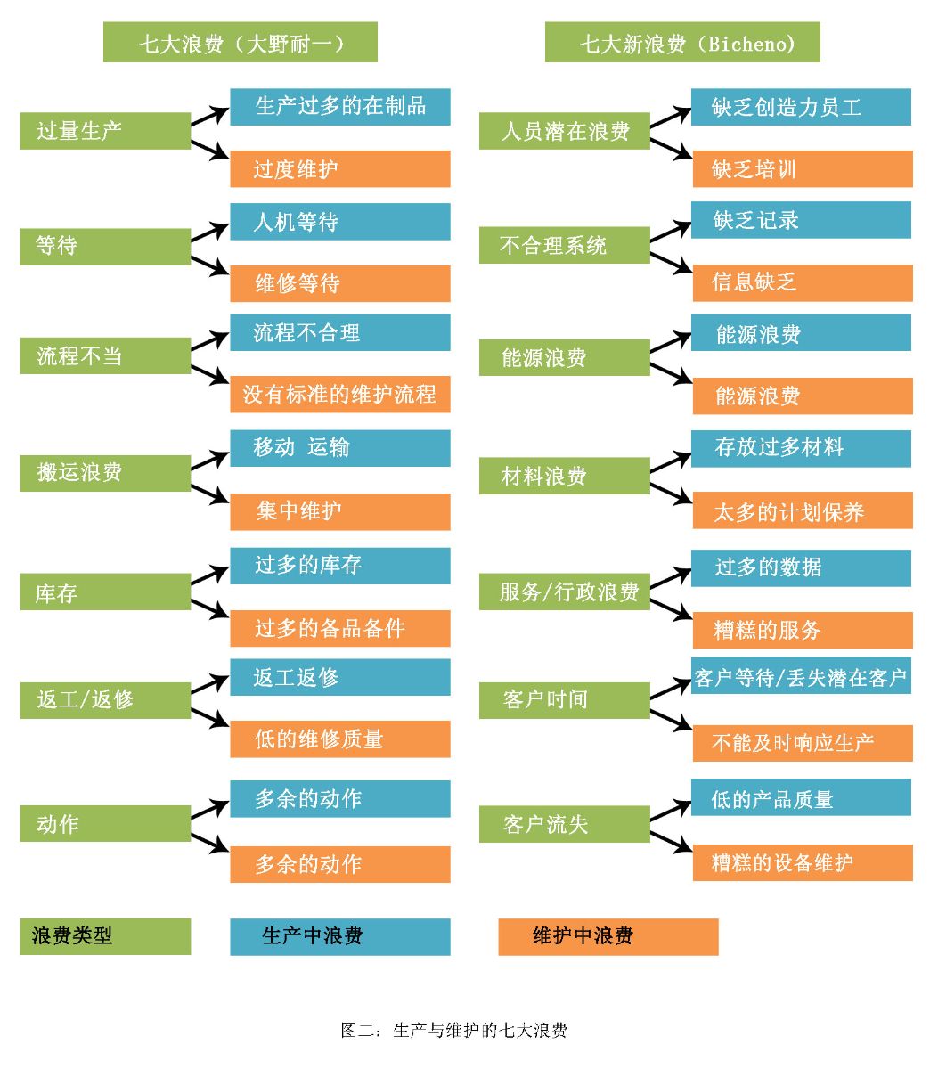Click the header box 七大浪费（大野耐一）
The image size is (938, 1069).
(241, 43)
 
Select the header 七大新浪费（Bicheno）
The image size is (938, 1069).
(682, 43)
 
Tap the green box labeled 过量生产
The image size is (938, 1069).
(105, 131)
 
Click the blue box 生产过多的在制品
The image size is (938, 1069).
(340, 107)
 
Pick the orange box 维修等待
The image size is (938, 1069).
(340, 283)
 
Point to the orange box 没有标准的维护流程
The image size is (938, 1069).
(340, 394)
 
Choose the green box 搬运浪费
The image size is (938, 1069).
(105, 473)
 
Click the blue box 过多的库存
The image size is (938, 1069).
(340, 566)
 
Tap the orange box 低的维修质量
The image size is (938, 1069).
(340, 739)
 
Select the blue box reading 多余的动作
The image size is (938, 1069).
(340, 798)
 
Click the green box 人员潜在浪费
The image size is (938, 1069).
(565, 131)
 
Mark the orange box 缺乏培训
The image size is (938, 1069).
(802, 168)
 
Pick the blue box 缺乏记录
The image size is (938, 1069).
(802, 220)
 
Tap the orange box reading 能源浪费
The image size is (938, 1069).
(802, 396)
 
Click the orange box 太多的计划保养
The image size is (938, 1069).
(802, 511)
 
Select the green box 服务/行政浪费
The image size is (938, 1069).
(565, 592)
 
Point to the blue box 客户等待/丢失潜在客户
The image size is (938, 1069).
(802, 677)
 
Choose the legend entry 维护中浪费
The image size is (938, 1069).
(608, 936)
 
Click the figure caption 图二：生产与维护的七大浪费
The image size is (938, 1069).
(453, 1031)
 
